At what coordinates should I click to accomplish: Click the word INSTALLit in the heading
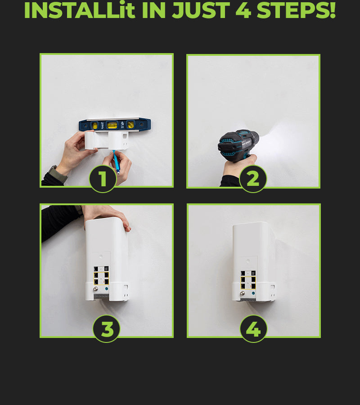(x=80, y=10)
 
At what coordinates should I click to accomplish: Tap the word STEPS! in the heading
(x=297, y=10)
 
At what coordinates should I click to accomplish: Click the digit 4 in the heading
(x=243, y=10)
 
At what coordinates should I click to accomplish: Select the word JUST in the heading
(x=201, y=10)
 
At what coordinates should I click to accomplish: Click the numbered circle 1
(x=103, y=179)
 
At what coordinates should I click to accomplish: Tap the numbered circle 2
(x=253, y=179)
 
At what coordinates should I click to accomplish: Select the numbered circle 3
(x=106, y=329)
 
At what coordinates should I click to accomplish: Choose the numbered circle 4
(x=254, y=329)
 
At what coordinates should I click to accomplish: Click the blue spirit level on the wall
(x=115, y=125)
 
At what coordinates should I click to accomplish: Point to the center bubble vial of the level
(x=112, y=125)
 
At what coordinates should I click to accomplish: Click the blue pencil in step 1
(x=116, y=162)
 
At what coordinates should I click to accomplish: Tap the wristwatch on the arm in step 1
(x=57, y=174)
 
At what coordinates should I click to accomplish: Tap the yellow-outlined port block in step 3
(x=101, y=279)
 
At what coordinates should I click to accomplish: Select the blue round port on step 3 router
(x=106, y=289)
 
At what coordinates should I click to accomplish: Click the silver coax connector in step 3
(x=96, y=289)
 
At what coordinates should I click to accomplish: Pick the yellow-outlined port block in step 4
(x=248, y=283)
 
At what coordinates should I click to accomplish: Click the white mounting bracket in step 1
(x=107, y=140)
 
